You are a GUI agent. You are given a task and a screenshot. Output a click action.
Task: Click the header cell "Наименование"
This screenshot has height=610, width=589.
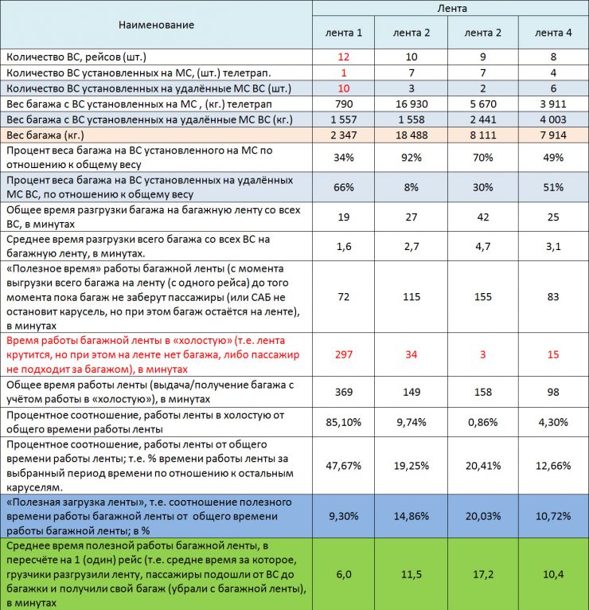[156, 25]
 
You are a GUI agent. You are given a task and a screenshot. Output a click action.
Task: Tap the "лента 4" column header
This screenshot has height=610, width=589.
[553, 33]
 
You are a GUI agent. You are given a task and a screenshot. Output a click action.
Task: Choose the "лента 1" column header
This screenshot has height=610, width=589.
[344, 33]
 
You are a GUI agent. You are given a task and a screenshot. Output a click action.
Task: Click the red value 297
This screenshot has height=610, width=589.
[344, 354]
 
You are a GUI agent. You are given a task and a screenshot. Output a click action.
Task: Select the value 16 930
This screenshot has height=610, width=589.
[412, 104]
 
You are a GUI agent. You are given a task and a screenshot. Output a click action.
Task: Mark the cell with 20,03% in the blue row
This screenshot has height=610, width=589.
[482, 515]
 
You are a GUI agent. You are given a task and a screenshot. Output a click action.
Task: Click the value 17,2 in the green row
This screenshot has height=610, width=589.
[482, 573]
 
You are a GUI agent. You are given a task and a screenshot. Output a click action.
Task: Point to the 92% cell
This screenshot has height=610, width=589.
[412, 157]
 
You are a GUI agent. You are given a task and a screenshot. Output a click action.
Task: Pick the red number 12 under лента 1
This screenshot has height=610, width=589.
[344, 57]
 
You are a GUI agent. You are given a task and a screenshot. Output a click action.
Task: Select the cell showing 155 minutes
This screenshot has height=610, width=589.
[482, 296]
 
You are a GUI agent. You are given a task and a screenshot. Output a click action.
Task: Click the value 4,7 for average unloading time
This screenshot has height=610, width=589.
[482, 246]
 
